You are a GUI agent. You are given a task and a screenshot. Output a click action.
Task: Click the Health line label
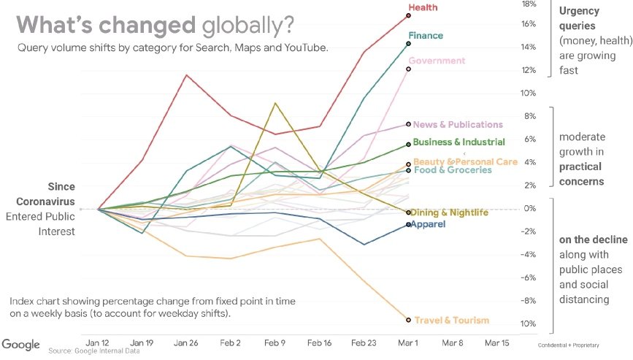tap(423, 7)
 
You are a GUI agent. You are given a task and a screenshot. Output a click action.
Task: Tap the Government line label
tap(437, 61)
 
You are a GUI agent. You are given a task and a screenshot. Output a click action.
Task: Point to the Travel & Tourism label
tap(452, 321)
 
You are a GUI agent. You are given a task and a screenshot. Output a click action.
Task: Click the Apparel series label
tap(429, 224)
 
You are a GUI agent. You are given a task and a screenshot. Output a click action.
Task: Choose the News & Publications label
tap(458, 125)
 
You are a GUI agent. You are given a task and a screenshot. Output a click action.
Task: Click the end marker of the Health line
tap(409, 15)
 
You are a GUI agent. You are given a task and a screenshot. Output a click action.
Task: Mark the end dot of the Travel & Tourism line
tap(408, 320)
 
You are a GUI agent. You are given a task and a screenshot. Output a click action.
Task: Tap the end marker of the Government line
tap(409, 69)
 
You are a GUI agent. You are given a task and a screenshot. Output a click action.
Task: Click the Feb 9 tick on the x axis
tap(275, 342)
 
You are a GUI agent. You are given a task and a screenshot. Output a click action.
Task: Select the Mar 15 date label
tap(497, 342)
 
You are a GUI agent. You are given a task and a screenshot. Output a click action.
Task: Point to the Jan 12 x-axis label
tap(98, 342)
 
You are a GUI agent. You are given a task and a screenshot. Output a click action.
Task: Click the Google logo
tap(20, 345)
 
